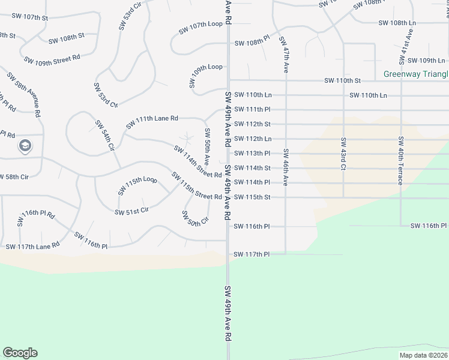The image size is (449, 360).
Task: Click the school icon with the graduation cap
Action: click(x=25, y=145)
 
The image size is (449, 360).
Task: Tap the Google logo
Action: click(x=20, y=353)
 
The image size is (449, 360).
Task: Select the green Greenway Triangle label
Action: click(x=416, y=74)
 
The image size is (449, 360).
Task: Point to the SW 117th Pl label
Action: click(x=252, y=254)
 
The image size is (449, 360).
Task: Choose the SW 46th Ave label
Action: click(x=286, y=167)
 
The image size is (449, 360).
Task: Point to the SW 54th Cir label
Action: click(x=104, y=136)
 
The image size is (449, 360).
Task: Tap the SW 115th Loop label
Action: click(x=137, y=185)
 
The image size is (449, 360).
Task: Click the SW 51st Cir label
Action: click(x=131, y=211)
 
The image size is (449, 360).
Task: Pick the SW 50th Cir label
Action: click(x=194, y=218)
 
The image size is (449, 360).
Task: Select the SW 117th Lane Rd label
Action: click(x=32, y=246)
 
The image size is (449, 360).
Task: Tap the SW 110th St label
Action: click(x=342, y=80)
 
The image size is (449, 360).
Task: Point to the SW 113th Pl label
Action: click(x=252, y=154)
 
